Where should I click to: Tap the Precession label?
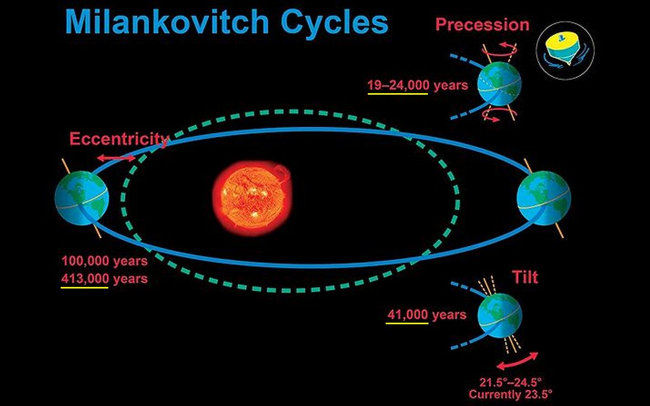(x=482, y=24)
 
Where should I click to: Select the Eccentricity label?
(x=119, y=139)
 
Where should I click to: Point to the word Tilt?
(x=525, y=277)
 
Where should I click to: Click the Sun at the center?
(x=252, y=198)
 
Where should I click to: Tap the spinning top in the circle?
(x=564, y=51)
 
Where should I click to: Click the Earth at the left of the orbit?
(x=82, y=198)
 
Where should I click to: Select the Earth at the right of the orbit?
(x=544, y=198)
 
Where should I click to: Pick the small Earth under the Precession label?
(x=499, y=84)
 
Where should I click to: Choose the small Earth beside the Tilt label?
(x=499, y=316)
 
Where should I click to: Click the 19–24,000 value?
(x=398, y=86)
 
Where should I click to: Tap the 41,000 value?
(x=407, y=315)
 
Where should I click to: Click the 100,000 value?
(x=85, y=261)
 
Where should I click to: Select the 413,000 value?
(x=85, y=279)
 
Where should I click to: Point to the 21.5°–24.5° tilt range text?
(x=510, y=383)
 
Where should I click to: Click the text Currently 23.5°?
(x=510, y=395)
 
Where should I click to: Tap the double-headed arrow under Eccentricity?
(x=116, y=158)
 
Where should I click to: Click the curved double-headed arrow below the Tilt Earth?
(x=517, y=362)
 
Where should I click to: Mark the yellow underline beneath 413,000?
(x=84, y=287)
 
